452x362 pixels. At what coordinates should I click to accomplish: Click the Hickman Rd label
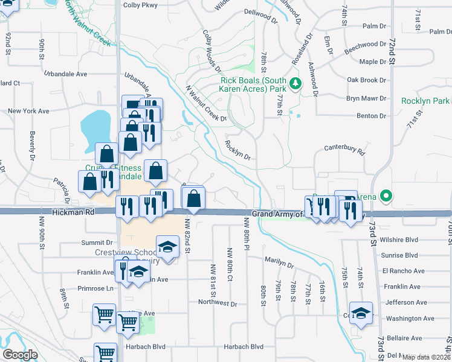[73, 212]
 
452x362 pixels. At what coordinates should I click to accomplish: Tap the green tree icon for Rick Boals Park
[295, 83]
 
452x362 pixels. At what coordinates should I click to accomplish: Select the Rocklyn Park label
[425, 101]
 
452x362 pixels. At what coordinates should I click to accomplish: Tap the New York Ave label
[28, 111]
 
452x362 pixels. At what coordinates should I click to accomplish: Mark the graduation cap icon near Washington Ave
[361, 313]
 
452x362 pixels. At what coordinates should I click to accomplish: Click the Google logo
[20, 354]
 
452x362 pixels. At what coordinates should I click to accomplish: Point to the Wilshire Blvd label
[396, 240]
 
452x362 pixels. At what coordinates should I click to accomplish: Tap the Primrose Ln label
[95, 288]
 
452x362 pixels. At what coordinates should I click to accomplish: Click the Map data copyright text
[426, 357]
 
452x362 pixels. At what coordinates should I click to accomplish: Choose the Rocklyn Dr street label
[237, 149]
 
